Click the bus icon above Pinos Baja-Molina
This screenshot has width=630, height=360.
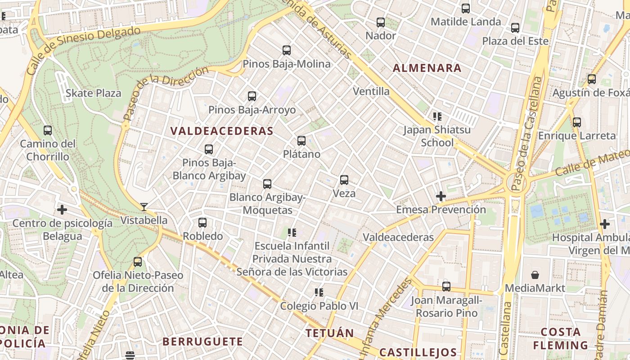coord(287,50)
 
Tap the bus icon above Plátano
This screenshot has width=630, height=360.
coord(301,141)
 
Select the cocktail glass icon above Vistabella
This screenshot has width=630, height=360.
coord(144,207)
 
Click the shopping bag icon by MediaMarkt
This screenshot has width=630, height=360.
coord(535,274)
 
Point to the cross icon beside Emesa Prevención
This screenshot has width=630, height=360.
coord(441,196)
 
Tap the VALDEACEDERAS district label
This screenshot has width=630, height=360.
coord(222,131)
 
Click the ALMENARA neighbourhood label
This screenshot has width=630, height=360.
coord(427,68)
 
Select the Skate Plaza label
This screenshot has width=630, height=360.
coord(94,93)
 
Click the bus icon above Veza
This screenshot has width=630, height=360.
coord(344,180)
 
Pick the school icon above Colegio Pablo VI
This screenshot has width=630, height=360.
coord(319,292)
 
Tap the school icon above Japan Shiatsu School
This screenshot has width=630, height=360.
coord(437,117)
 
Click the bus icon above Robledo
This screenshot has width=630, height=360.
coord(202,222)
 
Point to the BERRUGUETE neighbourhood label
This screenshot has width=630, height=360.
coord(202,342)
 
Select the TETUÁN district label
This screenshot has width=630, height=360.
coord(330,333)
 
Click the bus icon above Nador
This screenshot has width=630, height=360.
coord(381,22)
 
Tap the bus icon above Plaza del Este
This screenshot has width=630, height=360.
coord(515,28)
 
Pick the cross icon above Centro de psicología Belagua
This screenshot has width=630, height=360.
coord(62,210)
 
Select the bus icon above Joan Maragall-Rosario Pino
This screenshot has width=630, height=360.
coord(446,286)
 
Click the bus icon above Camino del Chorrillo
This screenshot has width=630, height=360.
coord(48,130)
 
